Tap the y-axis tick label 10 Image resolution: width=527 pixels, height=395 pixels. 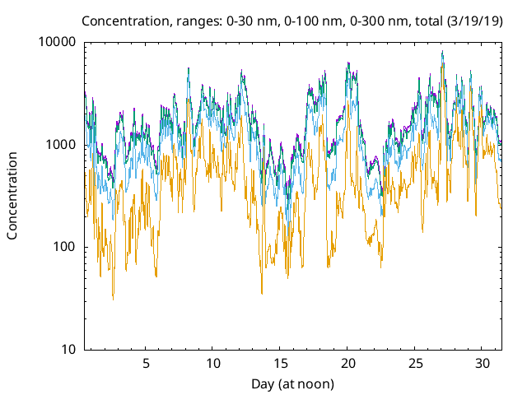tap(68, 350)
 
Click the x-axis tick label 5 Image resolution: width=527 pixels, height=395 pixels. tap(146, 364)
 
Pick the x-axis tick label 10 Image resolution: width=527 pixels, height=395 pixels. tap(213, 364)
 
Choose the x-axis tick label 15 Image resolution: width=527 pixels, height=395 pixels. tap(281, 364)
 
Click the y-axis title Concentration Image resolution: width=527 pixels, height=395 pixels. tap(12, 196)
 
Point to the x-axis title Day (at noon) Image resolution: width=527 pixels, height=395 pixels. tap(293, 383)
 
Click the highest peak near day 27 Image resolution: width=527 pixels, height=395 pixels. tap(442, 52)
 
